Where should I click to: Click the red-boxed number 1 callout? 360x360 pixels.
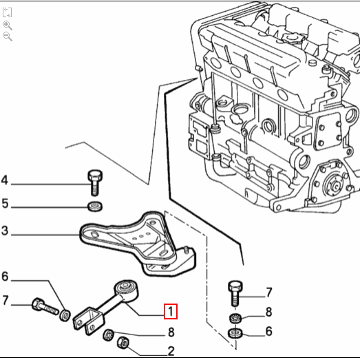[x=170, y=312]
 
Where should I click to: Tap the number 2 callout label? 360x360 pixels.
[x=171, y=351]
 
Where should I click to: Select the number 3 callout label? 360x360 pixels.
[x=5, y=231]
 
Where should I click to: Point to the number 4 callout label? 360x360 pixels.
[x=5, y=182]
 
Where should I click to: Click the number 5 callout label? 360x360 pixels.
[x=5, y=204]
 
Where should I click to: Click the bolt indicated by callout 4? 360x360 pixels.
[x=95, y=181]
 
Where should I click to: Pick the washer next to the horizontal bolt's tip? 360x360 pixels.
[x=65, y=315]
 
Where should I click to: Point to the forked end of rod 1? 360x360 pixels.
[x=88, y=320]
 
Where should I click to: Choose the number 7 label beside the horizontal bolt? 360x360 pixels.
[x=5, y=300]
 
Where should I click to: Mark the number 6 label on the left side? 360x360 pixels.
[x=5, y=277]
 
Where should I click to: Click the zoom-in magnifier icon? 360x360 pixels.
[x=8, y=24]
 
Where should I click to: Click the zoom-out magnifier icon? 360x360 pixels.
[x=8, y=36]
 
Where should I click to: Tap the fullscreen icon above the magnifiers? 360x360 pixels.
[x=8, y=12]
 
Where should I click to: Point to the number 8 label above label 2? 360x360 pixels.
[x=171, y=333]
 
